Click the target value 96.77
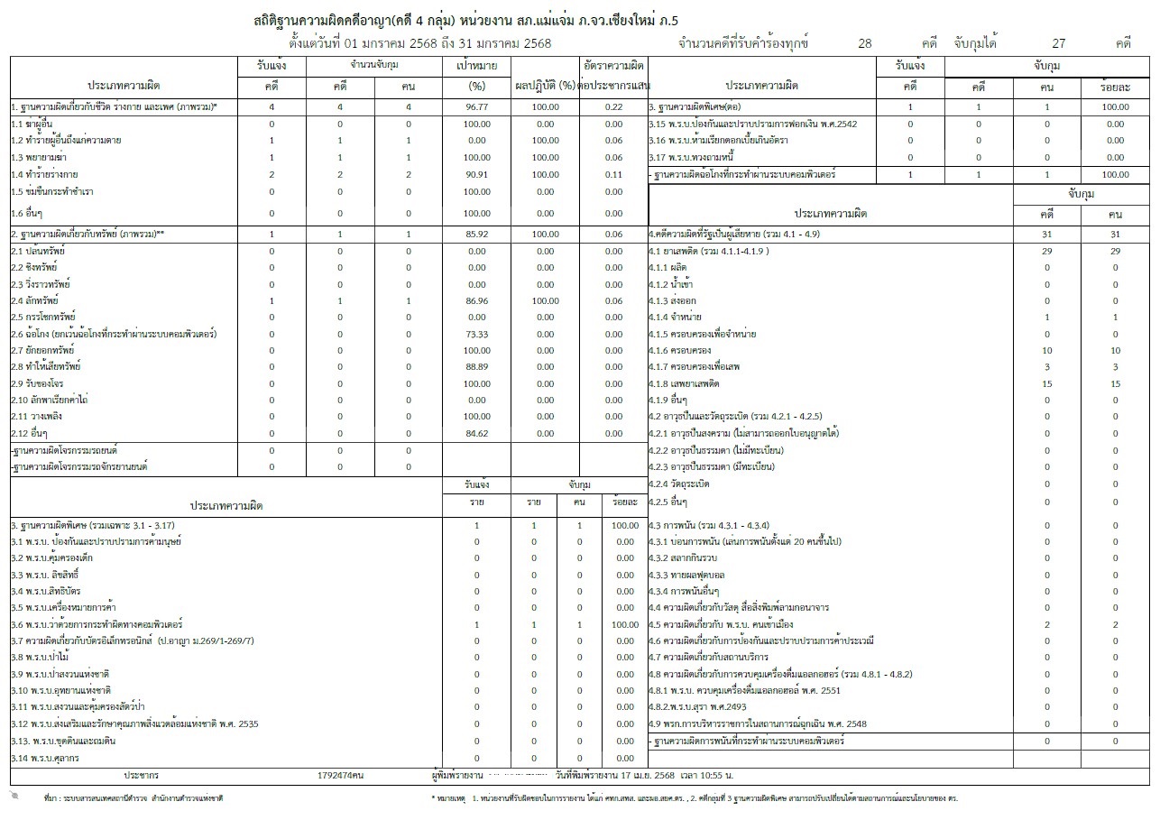(x=476, y=107)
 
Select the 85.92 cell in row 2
(x=476, y=235)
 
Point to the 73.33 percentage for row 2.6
(x=476, y=334)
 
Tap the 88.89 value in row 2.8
(x=476, y=367)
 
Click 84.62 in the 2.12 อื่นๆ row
(x=476, y=434)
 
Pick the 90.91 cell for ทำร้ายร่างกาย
(x=476, y=174)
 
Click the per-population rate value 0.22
(x=613, y=107)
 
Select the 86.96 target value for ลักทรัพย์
(x=476, y=301)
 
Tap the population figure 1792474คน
(x=340, y=775)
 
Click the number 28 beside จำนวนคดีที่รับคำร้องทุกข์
(x=865, y=43)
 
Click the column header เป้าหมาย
(x=476, y=66)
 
